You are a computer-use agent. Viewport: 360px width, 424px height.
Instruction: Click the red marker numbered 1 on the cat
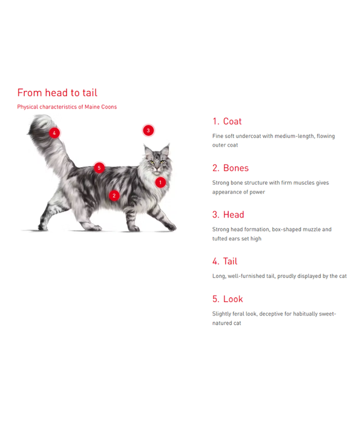(160, 182)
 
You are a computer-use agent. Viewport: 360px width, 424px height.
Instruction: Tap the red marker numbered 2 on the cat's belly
(114, 195)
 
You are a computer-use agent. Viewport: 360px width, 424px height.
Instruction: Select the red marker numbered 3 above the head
(148, 130)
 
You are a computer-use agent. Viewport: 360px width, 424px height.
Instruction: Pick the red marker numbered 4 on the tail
(54, 133)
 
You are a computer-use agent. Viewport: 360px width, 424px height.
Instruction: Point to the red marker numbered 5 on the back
(99, 168)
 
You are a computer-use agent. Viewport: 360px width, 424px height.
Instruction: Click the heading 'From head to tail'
(57, 93)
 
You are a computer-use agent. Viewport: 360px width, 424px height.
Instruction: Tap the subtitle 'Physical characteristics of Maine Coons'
(67, 107)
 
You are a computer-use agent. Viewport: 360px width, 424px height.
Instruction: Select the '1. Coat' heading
(227, 121)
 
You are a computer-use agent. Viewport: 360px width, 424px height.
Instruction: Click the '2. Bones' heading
(230, 168)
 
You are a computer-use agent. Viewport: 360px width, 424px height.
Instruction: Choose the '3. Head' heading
(228, 214)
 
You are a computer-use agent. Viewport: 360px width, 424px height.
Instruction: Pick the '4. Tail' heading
(224, 261)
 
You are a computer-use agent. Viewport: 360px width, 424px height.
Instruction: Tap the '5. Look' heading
(227, 299)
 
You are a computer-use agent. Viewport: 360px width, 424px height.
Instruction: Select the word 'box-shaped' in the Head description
(287, 230)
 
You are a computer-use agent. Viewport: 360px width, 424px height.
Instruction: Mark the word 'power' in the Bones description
(257, 192)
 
